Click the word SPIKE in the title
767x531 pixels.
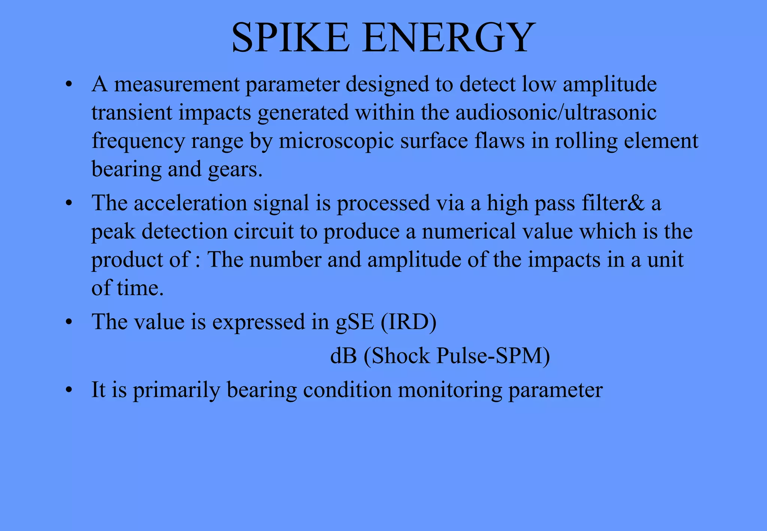click(x=291, y=38)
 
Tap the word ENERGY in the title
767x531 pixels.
click(x=448, y=38)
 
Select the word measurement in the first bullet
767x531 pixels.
click(x=177, y=85)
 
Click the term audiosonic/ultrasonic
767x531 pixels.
click(x=556, y=113)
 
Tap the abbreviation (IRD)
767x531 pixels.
click(x=409, y=322)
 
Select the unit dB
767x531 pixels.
click(x=343, y=356)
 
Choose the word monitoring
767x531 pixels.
click(x=449, y=390)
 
